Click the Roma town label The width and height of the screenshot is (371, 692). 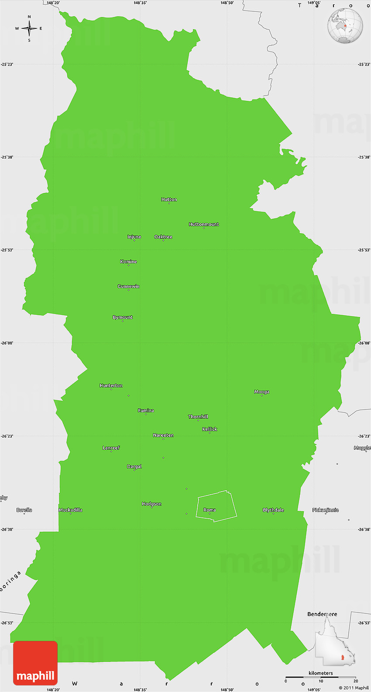[210, 510]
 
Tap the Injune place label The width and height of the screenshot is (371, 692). [134, 237]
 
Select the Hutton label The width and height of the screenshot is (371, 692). [169, 200]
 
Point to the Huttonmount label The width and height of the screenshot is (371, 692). [204, 224]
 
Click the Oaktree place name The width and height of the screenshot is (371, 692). [163, 237]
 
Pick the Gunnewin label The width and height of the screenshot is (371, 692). [128, 286]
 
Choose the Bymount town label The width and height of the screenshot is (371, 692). [123, 317]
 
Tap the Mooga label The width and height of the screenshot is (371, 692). [262, 392]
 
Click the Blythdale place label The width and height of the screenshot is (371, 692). [273, 510]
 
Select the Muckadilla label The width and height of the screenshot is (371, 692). [71, 510]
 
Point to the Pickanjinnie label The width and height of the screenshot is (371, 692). [326, 510]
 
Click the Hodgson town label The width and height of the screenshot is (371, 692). [151, 504]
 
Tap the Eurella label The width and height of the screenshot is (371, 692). [24, 510]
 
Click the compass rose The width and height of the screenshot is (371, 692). [29, 29]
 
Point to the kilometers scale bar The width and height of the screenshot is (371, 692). [321, 677]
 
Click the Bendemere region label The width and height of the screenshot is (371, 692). [322, 614]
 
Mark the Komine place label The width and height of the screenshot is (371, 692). [128, 262]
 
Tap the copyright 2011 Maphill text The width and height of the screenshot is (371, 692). [354, 688]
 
